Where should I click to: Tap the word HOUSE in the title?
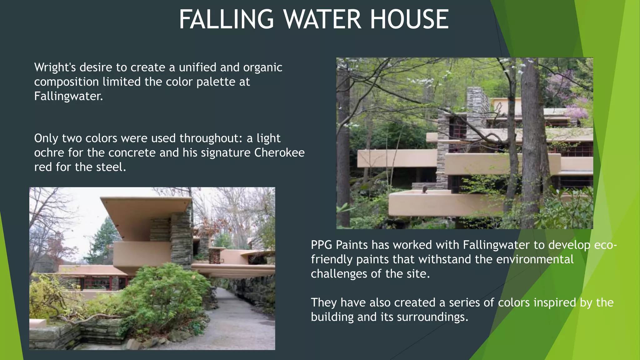pyautogui.click(x=409, y=19)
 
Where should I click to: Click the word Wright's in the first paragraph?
pyautogui.click(x=54, y=67)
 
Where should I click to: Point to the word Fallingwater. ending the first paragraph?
pyautogui.click(x=68, y=96)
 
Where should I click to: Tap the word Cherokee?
pyautogui.click(x=279, y=153)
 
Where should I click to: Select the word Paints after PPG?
pyautogui.click(x=352, y=245)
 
